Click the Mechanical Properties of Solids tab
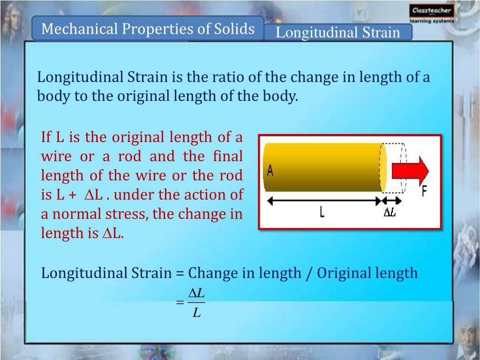pyautogui.click(x=148, y=29)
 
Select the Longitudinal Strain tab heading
pyautogui.click(x=338, y=33)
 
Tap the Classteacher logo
pyautogui.click(x=431, y=14)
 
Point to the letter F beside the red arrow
pyautogui.click(x=425, y=191)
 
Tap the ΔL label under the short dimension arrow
pyautogui.click(x=390, y=212)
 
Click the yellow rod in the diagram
pyautogui.click(x=323, y=168)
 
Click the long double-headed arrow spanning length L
pyautogui.click(x=323, y=200)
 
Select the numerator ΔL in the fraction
pyautogui.click(x=196, y=293)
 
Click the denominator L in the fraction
pyautogui.click(x=197, y=312)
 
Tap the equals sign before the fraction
pyautogui.click(x=180, y=303)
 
